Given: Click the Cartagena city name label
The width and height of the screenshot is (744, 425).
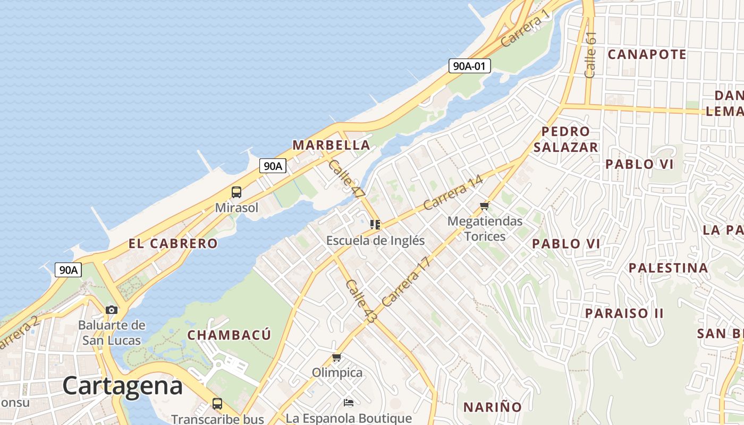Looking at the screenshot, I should tap(123, 385).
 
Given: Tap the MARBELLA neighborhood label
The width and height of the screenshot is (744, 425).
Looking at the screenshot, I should tap(331, 145).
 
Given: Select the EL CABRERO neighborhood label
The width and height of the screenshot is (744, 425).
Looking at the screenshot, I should tap(173, 244).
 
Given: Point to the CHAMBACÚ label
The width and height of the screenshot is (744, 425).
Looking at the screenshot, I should tap(229, 335).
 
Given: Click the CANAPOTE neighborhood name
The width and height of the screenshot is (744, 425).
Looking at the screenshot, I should tap(647, 54).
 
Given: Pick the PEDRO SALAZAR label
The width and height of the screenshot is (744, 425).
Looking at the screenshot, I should tap(566, 139).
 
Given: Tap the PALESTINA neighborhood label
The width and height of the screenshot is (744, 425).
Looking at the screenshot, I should tap(669, 268).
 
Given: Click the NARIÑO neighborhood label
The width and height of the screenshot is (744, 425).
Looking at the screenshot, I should tap(493, 407).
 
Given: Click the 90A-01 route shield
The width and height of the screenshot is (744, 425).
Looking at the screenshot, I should tap(469, 66).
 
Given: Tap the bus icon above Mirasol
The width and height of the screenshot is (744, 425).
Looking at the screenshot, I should tap(236, 192).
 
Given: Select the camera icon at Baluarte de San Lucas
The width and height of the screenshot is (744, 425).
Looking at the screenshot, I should tap(112, 310).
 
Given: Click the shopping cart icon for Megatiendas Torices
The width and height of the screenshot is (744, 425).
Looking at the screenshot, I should tap(484, 206).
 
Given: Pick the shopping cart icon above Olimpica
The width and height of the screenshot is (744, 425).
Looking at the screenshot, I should tap(336, 358).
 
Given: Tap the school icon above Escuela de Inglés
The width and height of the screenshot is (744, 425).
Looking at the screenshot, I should tap(375, 225).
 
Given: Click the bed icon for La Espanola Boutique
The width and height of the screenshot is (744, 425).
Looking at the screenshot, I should tap(349, 403).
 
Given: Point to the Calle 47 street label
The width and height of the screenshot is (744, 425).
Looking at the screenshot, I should tap(346, 180).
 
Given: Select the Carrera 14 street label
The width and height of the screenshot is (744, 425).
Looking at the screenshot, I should tap(453, 192).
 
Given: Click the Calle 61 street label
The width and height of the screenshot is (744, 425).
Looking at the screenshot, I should tap(590, 55).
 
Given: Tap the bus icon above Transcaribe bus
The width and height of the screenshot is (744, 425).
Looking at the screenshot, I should tap(217, 403).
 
